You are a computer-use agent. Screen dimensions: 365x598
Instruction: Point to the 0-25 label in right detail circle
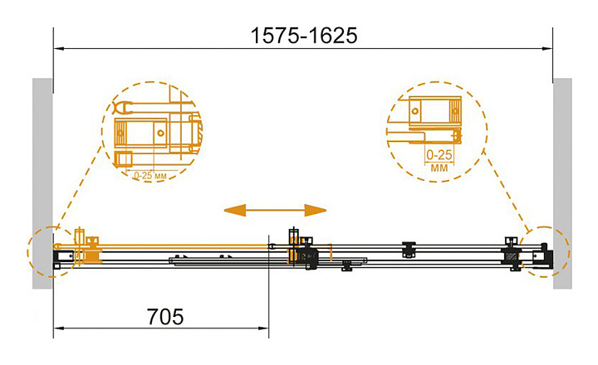[x=438, y=155]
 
